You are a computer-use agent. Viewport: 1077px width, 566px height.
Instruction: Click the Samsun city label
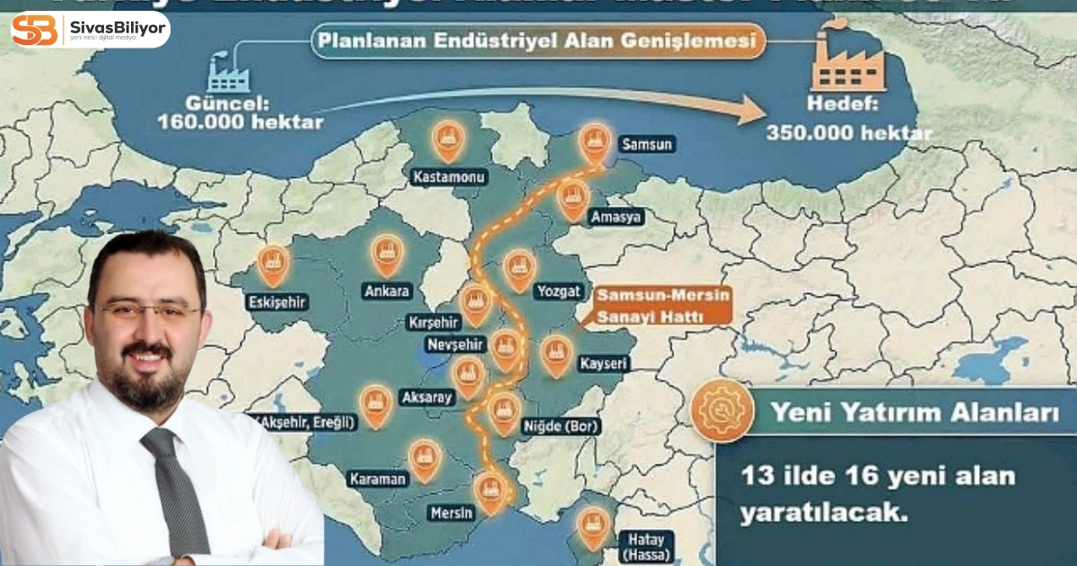click(x=646, y=144)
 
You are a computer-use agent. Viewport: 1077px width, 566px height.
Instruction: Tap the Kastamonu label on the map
click(x=449, y=177)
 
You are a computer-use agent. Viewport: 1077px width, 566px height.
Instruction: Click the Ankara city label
click(x=388, y=291)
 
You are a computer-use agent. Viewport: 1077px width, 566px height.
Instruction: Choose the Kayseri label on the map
click(x=601, y=364)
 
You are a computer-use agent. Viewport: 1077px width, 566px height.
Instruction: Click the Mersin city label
click(x=451, y=513)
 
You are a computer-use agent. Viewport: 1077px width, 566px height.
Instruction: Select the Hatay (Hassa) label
click(x=644, y=547)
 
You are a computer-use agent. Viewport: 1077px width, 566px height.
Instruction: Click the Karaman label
click(x=378, y=479)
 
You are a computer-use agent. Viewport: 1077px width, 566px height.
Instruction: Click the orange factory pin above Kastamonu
click(x=447, y=140)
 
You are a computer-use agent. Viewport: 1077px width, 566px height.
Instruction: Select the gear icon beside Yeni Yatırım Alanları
click(x=722, y=411)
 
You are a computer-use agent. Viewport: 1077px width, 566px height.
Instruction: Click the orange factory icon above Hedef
click(x=848, y=64)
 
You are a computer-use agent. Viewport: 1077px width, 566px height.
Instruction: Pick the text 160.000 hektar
click(x=240, y=120)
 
